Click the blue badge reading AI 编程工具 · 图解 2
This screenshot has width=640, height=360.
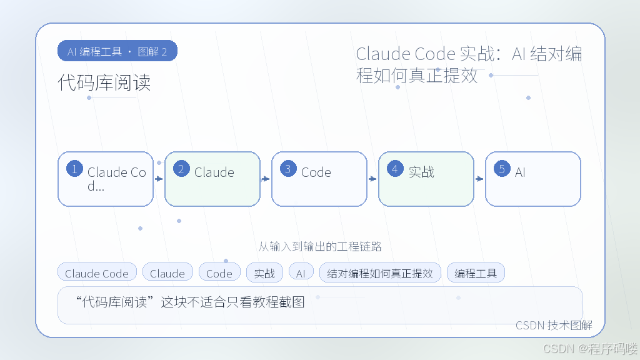(117, 51)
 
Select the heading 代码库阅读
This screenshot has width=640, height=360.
(104, 82)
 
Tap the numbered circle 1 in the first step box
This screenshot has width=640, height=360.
(75, 169)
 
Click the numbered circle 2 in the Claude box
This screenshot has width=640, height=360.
(181, 169)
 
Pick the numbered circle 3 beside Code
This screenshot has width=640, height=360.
(288, 169)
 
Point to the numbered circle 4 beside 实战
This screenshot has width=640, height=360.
(395, 169)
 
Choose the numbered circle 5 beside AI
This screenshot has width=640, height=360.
(502, 169)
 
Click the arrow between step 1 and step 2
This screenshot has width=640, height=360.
(159, 179)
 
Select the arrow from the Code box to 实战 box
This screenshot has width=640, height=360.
(372, 179)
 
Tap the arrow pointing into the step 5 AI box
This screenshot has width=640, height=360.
(479, 179)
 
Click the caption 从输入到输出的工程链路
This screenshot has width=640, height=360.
(320, 246)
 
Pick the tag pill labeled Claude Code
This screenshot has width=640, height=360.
(97, 272)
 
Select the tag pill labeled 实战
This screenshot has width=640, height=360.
(264, 272)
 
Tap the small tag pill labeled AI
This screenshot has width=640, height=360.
(301, 272)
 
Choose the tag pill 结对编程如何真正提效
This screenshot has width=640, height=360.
(380, 272)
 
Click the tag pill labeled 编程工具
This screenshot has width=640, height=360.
(476, 272)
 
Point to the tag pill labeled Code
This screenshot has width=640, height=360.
(219, 272)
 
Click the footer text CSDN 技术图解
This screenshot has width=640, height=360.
(554, 325)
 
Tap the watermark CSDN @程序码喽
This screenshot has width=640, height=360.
(590, 349)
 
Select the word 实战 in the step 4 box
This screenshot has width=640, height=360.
(421, 172)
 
